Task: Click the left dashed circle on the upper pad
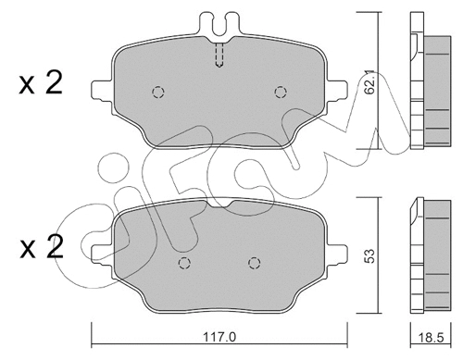[x=156, y=93]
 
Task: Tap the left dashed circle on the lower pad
[x=184, y=263]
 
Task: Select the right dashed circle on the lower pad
[x=251, y=263]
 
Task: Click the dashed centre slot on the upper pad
[x=219, y=55]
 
